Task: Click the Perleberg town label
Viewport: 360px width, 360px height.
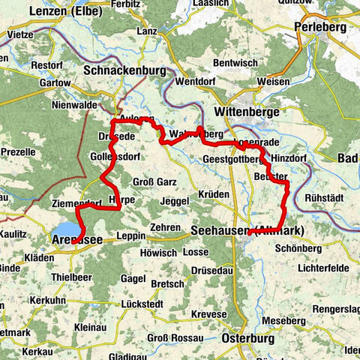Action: pyautogui.click(x=321, y=27)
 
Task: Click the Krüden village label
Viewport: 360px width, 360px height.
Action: pyautogui.click(x=214, y=194)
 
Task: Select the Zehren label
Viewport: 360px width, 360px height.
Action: pyautogui.click(x=165, y=226)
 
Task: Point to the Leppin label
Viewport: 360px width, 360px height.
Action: pyautogui.click(x=131, y=235)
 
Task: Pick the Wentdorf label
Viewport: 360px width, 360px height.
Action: pyautogui.click(x=196, y=81)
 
